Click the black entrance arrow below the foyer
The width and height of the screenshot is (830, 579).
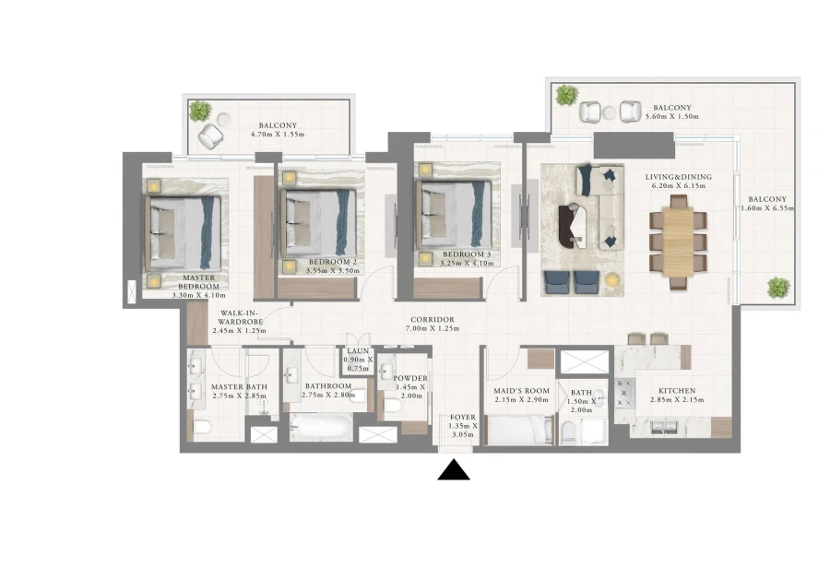pos(453,470)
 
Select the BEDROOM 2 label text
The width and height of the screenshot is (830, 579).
pos(331,262)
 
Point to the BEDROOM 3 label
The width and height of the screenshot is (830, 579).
pos(466,254)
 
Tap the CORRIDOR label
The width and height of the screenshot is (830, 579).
pos(433,319)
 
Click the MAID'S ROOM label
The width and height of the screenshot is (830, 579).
pos(521,391)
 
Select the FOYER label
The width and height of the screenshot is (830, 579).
pos(463,418)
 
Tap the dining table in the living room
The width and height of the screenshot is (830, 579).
pos(678,237)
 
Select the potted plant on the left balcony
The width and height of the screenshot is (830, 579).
pos(200,111)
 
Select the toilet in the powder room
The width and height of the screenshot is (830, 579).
pos(391,404)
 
